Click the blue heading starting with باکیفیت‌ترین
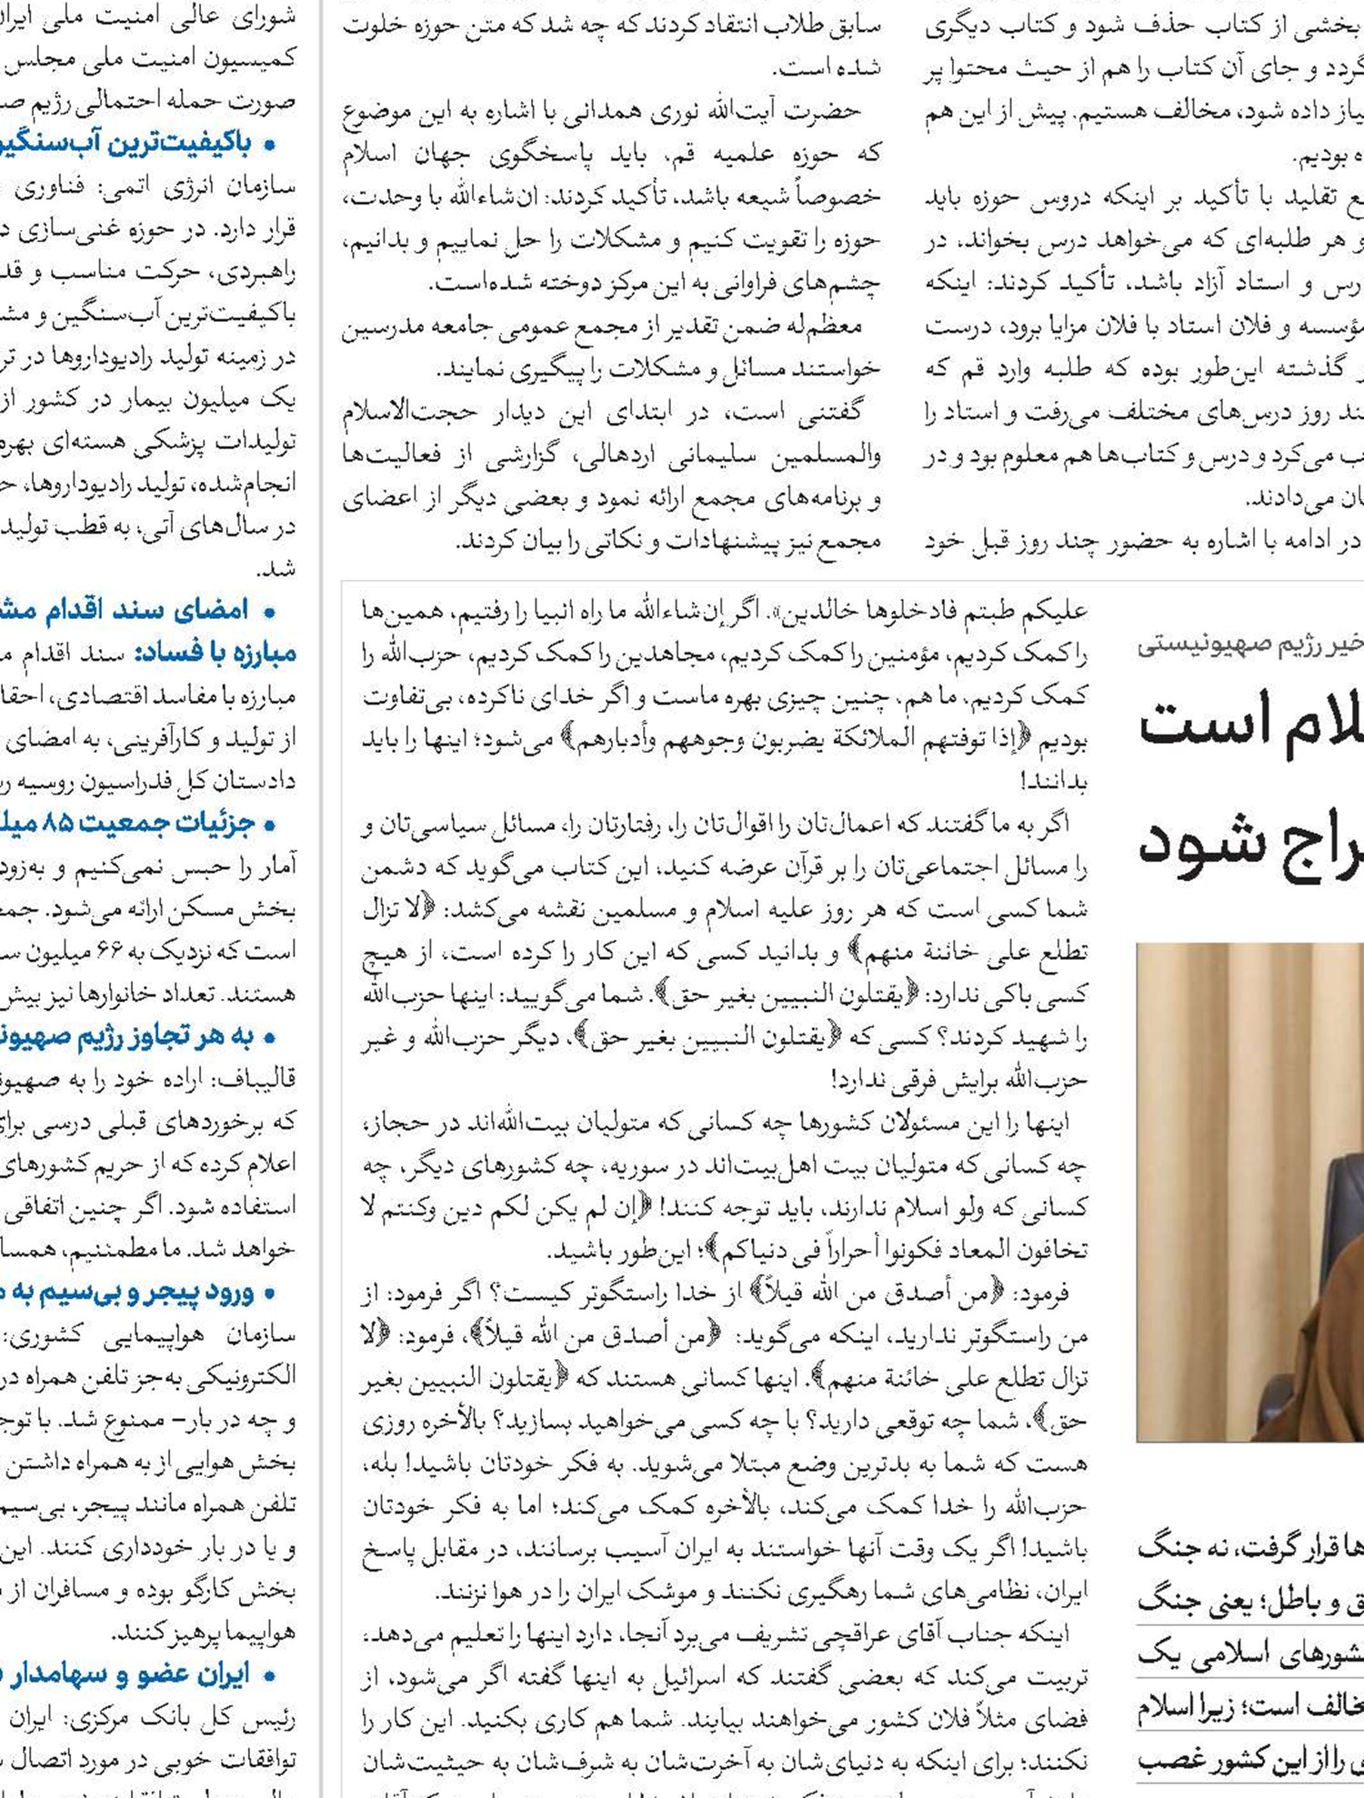pyautogui.click(x=136, y=143)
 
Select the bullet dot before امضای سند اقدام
pyautogui.click(x=269, y=612)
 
